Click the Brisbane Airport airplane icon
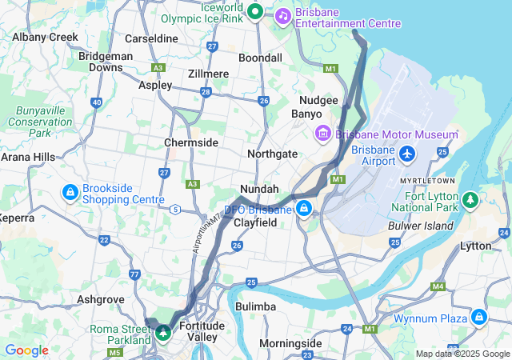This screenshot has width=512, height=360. click(x=408, y=152)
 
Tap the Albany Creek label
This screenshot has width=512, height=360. click(x=45, y=37)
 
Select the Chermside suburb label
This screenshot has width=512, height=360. click(x=191, y=142)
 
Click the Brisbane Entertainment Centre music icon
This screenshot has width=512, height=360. click(x=283, y=15)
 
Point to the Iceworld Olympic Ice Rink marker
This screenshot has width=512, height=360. click(x=254, y=11)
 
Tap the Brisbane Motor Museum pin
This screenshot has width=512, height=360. click(x=324, y=132)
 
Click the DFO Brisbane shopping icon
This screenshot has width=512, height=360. click(x=303, y=209)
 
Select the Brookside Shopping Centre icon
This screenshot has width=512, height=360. click(x=70, y=192)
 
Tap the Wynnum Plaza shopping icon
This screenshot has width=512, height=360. click(x=478, y=317)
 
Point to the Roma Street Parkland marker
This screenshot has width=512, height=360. click(x=162, y=331)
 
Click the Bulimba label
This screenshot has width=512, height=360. click(x=256, y=306)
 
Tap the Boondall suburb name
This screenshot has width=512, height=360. click(x=260, y=58)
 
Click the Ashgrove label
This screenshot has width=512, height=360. click(x=100, y=299)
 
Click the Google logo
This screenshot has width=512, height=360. click(x=26, y=350)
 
